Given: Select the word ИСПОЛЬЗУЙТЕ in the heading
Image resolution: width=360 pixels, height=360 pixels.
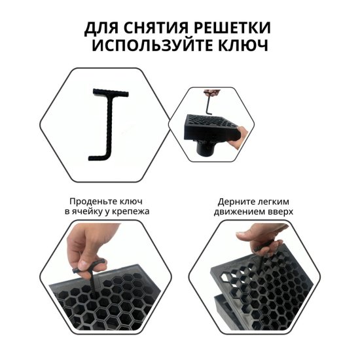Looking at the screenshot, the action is tap(153, 46).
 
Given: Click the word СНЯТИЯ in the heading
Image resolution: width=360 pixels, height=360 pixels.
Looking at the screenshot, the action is tap(156, 28).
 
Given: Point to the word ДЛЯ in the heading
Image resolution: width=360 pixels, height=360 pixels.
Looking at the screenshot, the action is tap(101, 29).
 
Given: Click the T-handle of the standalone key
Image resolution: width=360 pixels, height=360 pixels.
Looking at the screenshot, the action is tap(111, 92).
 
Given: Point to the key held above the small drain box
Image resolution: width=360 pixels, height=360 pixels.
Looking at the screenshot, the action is tap(209, 103).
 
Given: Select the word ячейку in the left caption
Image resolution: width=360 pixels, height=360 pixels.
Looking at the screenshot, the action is tap(89, 211).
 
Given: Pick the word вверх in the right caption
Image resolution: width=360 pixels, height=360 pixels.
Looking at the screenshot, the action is tap(281, 211).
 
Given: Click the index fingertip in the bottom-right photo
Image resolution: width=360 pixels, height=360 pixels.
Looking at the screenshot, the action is tap(242, 235).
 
